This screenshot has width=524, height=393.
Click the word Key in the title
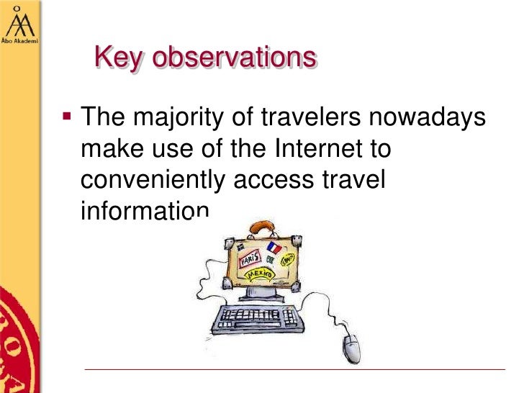coord(117,57)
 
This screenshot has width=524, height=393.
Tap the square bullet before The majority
coord(66,115)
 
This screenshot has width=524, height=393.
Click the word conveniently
coord(153,181)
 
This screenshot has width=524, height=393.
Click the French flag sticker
coord(274,248)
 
